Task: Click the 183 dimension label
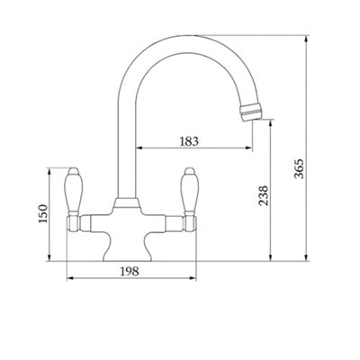click(189, 140)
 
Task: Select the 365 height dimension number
click(299, 169)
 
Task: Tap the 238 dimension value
click(264, 195)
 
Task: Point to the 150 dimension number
click(43, 213)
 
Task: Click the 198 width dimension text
click(130, 272)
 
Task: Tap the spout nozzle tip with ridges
click(251, 112)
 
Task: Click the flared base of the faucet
click(128, 249)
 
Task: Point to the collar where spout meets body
click(126, 202)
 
